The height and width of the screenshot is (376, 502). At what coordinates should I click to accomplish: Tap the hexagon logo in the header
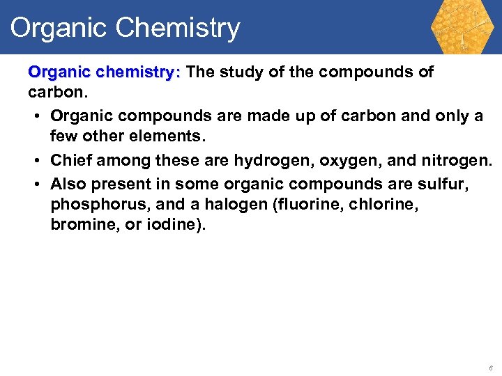[461, 26]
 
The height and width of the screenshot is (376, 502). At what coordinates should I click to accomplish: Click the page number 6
[491, 368]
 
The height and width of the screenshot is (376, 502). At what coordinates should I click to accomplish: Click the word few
[64, 138]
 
